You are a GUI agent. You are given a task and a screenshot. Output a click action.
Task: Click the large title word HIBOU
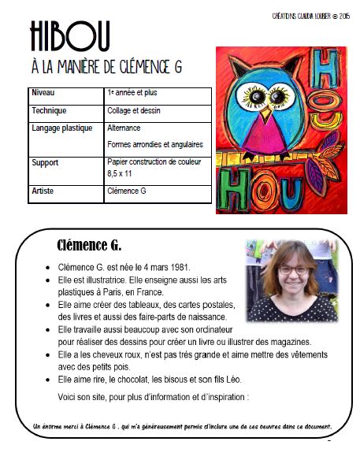69,36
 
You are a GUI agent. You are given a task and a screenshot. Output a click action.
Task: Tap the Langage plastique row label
61,128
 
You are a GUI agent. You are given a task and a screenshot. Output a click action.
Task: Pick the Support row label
45,162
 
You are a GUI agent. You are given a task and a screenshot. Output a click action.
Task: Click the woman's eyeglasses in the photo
293,269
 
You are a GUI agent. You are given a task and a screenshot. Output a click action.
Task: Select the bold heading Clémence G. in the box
89,243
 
